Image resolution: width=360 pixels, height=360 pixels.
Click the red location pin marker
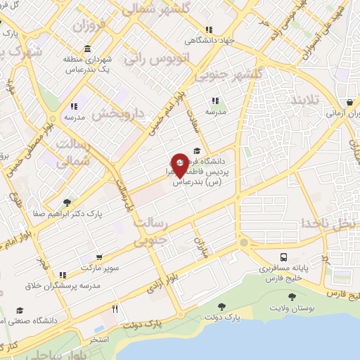[x=180, y=165]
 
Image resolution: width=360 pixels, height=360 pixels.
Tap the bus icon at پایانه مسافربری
[x=283, y=257]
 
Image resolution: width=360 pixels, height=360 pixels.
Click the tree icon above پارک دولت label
[x=222, y=307]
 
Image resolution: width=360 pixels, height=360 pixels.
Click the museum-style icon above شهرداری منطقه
[x=86, y=49]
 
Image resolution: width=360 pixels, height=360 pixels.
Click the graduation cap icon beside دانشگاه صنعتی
[x=19, y=310]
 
